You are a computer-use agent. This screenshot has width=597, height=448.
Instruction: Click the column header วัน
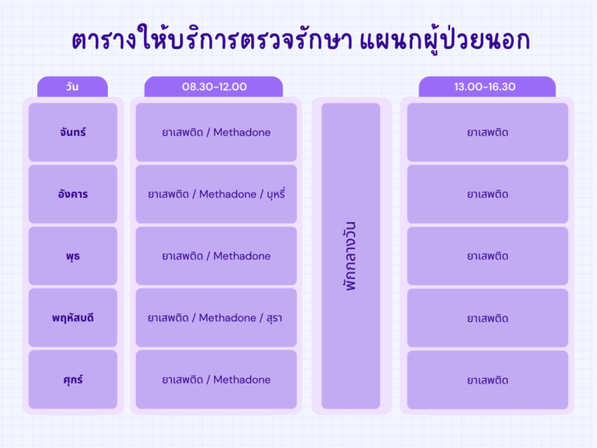coord(72,87)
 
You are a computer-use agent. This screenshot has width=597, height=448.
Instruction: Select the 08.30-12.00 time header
coord(214,87)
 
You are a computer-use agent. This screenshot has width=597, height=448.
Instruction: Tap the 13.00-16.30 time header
coord(485,87)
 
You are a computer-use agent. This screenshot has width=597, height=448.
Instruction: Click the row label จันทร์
coord(73,132)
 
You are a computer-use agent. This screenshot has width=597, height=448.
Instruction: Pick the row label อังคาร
coord(73,194)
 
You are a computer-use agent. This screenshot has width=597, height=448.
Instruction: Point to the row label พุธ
coord(73,256)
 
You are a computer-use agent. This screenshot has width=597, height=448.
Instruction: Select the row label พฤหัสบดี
coord(73,317)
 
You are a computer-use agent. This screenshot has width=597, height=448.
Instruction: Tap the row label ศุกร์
coord(73,380)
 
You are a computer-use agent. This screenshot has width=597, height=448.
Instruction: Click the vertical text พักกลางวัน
coord(351,256)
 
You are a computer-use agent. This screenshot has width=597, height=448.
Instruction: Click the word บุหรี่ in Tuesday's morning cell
coord(276,194)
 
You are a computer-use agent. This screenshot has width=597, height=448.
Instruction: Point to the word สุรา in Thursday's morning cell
coord(274,317)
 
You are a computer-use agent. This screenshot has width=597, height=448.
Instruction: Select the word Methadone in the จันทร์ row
coord(242,132)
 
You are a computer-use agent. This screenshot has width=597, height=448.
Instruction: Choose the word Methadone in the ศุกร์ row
coord(242,380)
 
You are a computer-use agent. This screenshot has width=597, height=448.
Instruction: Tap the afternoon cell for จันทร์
coord(487,132)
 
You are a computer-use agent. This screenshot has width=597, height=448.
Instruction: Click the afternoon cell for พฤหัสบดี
coord(487,317)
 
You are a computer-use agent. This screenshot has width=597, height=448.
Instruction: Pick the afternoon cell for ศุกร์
coord(487,380)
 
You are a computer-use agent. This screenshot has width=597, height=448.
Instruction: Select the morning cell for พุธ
coord(216,256)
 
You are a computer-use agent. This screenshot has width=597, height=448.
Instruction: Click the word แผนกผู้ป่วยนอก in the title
coord(445,40)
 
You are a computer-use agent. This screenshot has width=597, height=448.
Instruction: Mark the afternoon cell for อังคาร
coord(487,194)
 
